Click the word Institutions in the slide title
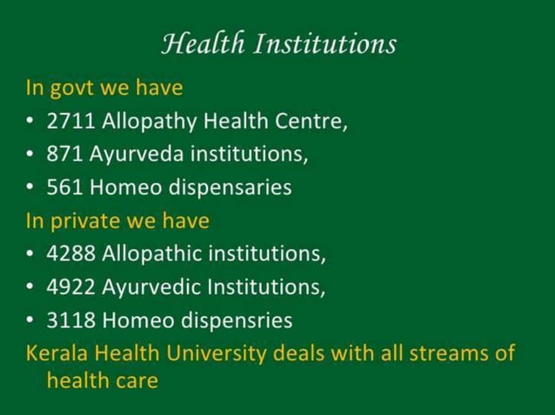click(x=325, y=43)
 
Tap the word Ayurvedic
click(x=152, y=287)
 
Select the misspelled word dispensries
click(x=236, y=320)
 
